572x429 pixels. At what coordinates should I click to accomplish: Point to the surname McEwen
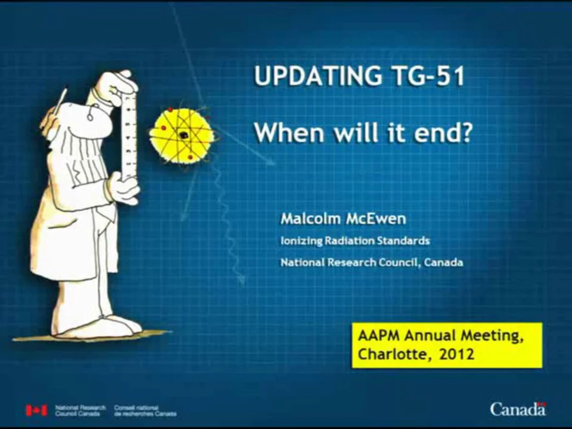click(377, 219)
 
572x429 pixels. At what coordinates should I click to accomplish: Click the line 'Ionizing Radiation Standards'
click(355, 241)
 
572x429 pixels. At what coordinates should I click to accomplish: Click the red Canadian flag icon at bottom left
click(36, 410)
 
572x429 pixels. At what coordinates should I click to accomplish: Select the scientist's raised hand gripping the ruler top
click(116, 86)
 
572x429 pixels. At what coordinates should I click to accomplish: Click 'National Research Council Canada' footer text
click(80, 411)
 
